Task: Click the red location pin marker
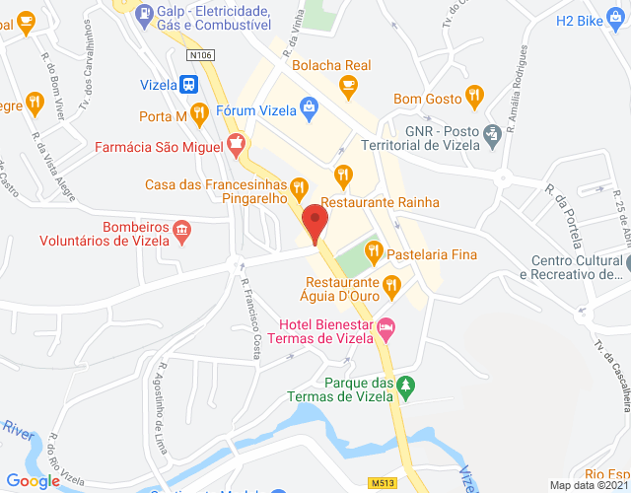[315, 221]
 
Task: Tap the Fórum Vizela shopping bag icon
[309, 106]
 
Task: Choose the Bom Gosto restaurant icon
[475, 96]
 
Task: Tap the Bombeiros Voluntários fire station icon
[181, 231]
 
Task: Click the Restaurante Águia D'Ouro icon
[392, 286]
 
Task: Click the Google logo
[33, 481]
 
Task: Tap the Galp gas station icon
[147, 13]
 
